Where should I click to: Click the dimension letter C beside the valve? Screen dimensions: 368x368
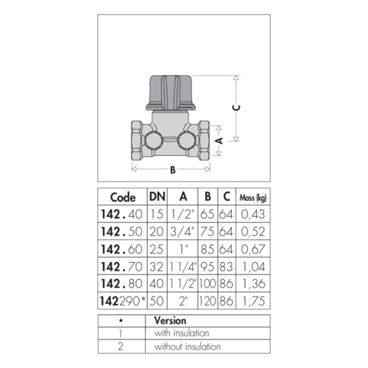(x=236, y=107)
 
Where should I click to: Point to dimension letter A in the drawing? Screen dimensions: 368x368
(x=219, y=141)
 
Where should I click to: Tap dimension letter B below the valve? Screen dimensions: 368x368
(x=173, y=169)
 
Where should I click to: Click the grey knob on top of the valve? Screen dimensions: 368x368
(x=171, y=93)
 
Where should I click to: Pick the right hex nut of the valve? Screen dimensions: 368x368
(x=204, y=141)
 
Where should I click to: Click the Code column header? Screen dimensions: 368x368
(x=123, y=197)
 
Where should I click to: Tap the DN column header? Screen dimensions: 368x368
(x=158, y=197)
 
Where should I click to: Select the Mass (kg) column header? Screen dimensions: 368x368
(x=253, y=198)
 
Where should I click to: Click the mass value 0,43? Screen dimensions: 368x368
(x=253, y=214)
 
